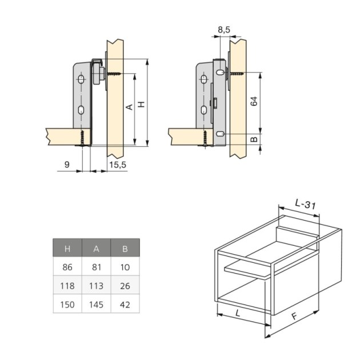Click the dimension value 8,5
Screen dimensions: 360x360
pyautogui.click(x=224, y=29)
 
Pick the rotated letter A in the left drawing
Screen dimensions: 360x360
pyautogui.click(x=129, y=107)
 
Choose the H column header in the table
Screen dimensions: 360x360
pyautogui.click(x=67, y=248)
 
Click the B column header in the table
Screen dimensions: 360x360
pyautogui.click(x=125, y=248)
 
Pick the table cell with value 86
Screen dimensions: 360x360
pyautogui.click(x=67, y=267)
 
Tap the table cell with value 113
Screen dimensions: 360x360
pyautogui.click(x=96, y=286)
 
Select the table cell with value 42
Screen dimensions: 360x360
pyautogui.click(x=125, y=305)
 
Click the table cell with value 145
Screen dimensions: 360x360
pyautogui.click(x=96, y=305)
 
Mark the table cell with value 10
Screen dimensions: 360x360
pyautogui.click(x=125, y=267)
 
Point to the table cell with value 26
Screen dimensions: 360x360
pyautogui.click(x=125, y=286)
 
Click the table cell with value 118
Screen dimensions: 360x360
pyautogui.click(x=67, y=286)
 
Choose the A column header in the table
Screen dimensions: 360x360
pyautogui.click(x=96, y=248)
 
